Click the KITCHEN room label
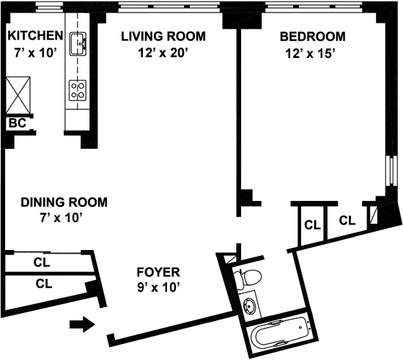(35, 35)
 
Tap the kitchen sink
(78, 44)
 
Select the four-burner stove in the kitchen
(78, 90)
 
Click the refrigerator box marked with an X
(18, 95)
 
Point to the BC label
(18, 123)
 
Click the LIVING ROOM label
(163, 36)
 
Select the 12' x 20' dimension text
(163, 53)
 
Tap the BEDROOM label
(313, 37)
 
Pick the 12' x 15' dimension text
(311, 54)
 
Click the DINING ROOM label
(64, 202)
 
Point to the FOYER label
(158, 272)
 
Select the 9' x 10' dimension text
(158, 287)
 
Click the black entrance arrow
(83, 325)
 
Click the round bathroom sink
(249, 305)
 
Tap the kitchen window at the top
(49, 7)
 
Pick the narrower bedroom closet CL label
(313, 225)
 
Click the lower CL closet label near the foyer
(44, 284)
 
